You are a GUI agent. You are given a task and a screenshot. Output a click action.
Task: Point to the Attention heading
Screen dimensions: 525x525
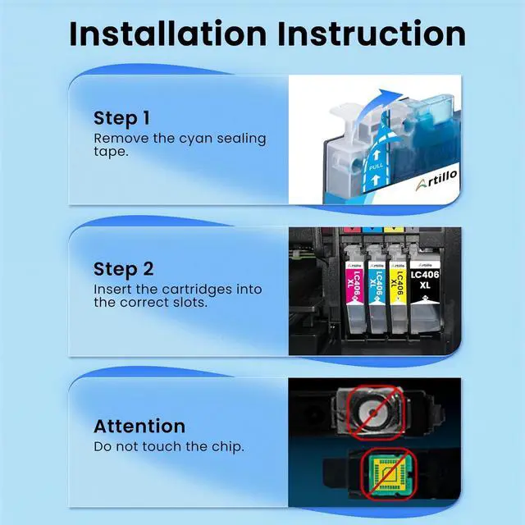139,426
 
